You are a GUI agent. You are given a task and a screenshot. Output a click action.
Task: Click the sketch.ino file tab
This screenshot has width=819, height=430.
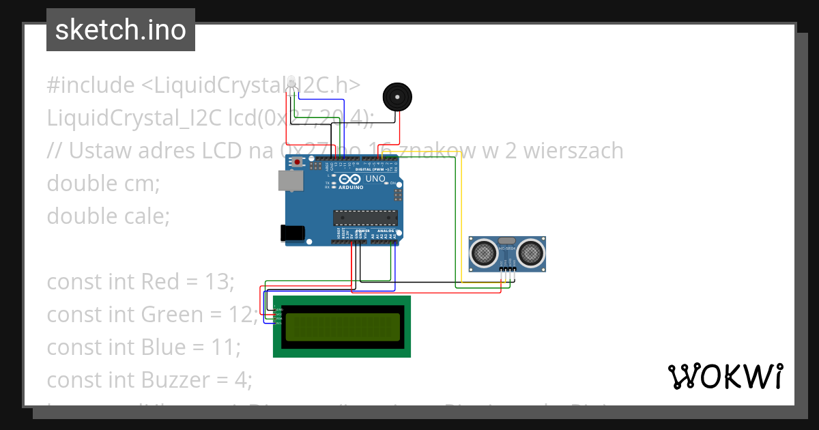coord(121,30)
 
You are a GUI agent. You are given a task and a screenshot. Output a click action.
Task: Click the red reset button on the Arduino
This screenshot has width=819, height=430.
coord(298,162)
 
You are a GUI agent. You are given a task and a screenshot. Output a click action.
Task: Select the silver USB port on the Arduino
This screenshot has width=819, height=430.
coord(289,180)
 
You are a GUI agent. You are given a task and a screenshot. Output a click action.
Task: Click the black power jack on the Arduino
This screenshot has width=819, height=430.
coord(293,233)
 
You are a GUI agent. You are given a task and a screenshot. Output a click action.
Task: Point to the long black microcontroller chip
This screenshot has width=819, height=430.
coord(365,218)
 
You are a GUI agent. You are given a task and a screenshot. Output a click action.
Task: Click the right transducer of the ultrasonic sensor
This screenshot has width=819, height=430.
coord(530,253)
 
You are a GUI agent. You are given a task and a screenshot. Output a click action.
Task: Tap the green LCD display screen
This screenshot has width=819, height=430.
coord(342,327)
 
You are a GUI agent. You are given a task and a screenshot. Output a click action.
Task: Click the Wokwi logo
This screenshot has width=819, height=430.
coord(725,376)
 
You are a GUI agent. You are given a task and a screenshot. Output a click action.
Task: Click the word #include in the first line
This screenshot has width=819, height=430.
coord(91,85)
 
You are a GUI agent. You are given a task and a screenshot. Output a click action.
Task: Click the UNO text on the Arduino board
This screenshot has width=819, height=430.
coord(376,179)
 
